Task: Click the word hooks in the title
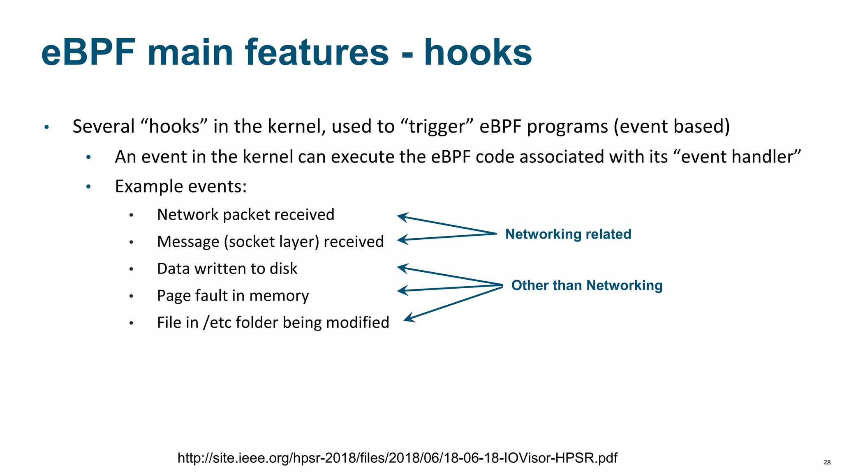coord(478,53)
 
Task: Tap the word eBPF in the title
coord(88,53)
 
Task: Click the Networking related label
coord(568,234)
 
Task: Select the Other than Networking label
coord(587,285)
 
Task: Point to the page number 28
coord(827,462)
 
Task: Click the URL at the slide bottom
coord(397,458)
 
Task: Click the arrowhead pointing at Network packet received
coord(402,217)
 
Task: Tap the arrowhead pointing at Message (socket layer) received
coord(402,240)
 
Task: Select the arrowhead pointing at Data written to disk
coord(402,269)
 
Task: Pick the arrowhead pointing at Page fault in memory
coord(402,290)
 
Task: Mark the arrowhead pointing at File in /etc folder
coord(409,317)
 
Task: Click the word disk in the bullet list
coord(283,269)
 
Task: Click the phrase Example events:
coord(180,186)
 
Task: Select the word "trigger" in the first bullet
coord(437,126)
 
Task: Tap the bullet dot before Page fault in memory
coord(131,296)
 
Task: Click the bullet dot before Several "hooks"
coord(47,127)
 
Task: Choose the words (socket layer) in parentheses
coord(271,242)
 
